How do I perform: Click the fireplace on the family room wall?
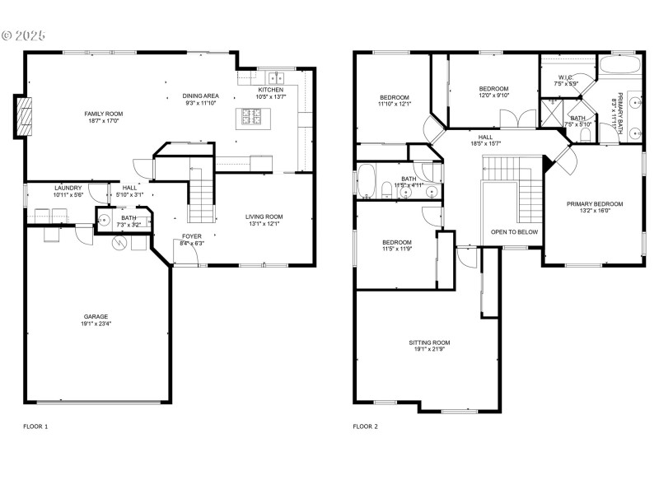[x=24, y=116]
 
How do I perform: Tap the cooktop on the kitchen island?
[x=250, y=117]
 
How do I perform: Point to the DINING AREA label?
[x=200, y=96]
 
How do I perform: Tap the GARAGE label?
[x=96, y=316]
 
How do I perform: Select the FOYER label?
[x=191, y=236]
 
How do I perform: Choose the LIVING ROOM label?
[x=264, y=217]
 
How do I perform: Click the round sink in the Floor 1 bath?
[x=105, y=221]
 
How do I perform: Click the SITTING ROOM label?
[x=429, y=343]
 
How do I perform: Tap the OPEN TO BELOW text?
[x=514, y=232]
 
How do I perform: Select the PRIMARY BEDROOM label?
[x=594, y=203]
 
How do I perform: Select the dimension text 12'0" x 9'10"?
[x=493, y=96]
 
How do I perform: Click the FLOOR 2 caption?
[x=365, y=426]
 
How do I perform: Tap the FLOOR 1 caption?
[x=35, y=426]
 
